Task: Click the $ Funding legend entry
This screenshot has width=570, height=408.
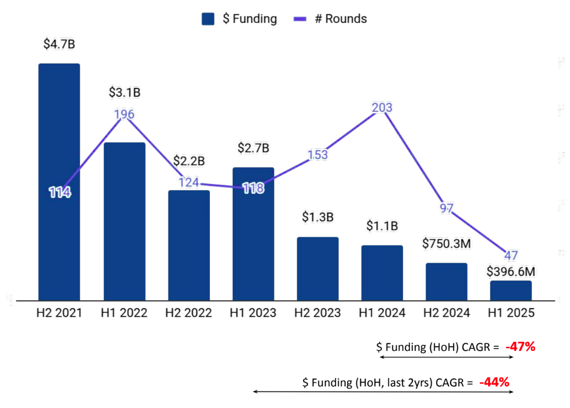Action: (x=239, y=19)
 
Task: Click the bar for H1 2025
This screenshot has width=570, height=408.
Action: (x=511, y=291)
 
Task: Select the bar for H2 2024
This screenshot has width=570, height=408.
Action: (x=447, y=282)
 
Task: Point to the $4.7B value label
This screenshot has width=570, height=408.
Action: (x=59, y=44)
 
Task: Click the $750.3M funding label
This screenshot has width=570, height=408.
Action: (x=447, y=244)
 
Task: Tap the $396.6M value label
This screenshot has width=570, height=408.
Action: (x=511, y=272)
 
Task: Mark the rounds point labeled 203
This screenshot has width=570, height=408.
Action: (x=382, y=107)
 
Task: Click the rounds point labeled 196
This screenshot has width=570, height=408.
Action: (x=124, y=114)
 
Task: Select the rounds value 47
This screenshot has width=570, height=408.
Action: (x=511, y=255)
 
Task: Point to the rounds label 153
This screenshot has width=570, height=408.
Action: (x=318, y=154)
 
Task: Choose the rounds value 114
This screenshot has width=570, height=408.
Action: (x=59, y=192)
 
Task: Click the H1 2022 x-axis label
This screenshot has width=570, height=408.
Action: (x=124, y=313)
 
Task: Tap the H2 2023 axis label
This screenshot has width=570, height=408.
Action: (x=318, y=313)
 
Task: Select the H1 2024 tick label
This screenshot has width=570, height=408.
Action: (x=382, y=313)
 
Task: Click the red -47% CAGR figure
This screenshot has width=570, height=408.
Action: (x=521, y=346)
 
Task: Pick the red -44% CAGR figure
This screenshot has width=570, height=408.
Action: (x=494, y=382)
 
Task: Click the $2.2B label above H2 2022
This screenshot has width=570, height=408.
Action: (x=189, y=161)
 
